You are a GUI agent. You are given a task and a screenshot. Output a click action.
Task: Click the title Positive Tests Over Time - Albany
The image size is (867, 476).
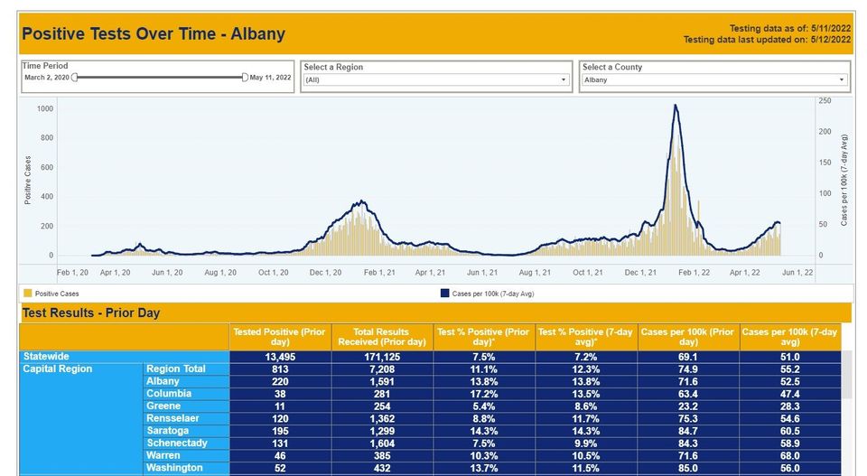(x=154, y=34)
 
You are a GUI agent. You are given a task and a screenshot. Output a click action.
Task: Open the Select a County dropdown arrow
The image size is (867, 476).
(x=842, y=79)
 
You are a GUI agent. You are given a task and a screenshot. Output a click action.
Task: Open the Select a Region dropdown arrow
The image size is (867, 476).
(x=564, y=79)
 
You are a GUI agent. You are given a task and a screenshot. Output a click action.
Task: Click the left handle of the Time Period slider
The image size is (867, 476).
(x=74, y=78)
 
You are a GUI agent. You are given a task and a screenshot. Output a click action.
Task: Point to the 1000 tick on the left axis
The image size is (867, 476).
(x=45, y=108)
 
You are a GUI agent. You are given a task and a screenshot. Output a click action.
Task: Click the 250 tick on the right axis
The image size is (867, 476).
(x=824, y=101)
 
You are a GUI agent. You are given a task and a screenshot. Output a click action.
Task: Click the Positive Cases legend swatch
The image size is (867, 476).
(x=27, y=294)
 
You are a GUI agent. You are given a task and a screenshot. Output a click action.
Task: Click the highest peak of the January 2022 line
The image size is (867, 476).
(x=676, y=106)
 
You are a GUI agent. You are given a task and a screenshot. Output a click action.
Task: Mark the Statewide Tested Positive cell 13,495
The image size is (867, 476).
(x=281, y=357)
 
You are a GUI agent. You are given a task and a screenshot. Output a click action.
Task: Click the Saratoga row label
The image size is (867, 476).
(x=167, y=431)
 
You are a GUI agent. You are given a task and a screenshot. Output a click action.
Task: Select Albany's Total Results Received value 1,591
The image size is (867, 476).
(x=382, y=381)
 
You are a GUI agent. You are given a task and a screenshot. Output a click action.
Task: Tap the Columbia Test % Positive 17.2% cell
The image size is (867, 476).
(x=484, y=394)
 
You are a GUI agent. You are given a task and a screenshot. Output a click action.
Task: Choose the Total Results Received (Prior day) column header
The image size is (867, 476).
(x=382, y=337)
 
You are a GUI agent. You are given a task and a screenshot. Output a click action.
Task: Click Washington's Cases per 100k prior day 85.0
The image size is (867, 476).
(x=688, y=468)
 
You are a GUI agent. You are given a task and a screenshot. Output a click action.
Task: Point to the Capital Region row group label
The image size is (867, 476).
(x=58, y=369)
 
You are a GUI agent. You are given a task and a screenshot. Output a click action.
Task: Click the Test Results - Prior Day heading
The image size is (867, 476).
(x=90, y=313)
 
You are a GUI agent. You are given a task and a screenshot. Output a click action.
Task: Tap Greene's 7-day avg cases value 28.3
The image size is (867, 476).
(x=790, y=406)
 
